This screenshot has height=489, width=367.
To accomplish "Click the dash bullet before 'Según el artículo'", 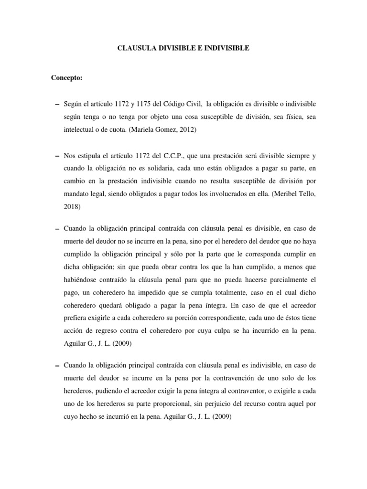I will tap(58, 105).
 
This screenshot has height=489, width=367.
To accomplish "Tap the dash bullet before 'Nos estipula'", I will tap(58, 156).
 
